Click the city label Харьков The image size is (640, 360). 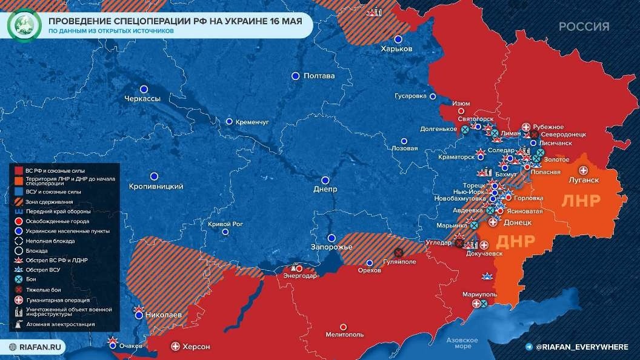click(396, 48)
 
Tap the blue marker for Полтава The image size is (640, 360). click(295, 76)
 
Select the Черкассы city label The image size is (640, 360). click(141, 99)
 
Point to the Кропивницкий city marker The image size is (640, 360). click(154, 176)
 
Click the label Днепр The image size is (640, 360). click(325, 189)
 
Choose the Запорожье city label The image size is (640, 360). click(331, 247)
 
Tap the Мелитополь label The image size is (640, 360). click(344, 334)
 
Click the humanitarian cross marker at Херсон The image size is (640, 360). click(176, 346)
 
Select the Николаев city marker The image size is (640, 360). click(139, 315)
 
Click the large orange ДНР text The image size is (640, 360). click(515, 241)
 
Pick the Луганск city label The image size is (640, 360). click(584, 180)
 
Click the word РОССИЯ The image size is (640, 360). click(584, 27)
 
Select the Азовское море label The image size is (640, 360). click(462, 343)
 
